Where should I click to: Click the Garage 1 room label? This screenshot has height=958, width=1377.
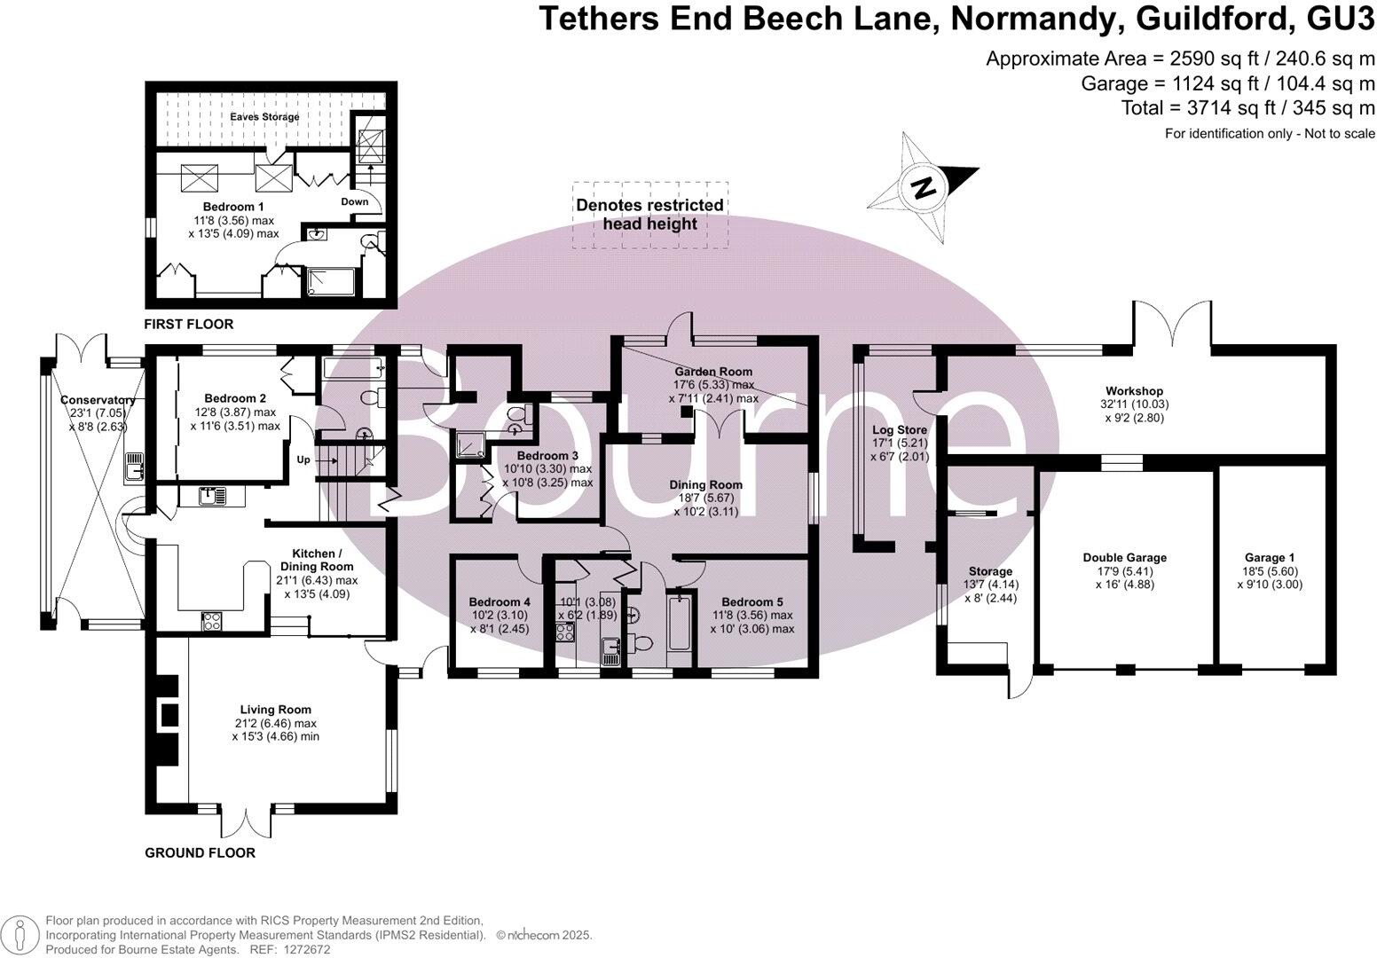(x=1269, y=558)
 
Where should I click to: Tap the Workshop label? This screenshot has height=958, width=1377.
(x=1134, y=391)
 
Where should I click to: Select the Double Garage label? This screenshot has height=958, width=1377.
(x=1124, y=558)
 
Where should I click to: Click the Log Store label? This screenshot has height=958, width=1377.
(x=900, y=430)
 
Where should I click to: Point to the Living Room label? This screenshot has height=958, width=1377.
(x=275, y=710)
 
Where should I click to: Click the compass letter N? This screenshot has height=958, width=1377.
(x=924, y=188)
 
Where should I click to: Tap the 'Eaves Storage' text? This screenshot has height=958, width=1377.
(x=264, y=117)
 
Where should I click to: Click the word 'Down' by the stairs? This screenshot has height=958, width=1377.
(x=355, y=202)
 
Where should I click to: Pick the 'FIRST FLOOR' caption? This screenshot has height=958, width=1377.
(x=189, y=325)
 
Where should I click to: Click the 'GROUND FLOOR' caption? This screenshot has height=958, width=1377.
(x=200, y=853)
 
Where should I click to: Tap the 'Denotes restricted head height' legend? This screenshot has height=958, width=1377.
(x=650, y=215)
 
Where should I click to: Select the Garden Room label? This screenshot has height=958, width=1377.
(x=713, y=372)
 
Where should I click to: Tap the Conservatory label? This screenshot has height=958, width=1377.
(x=98, y=400)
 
